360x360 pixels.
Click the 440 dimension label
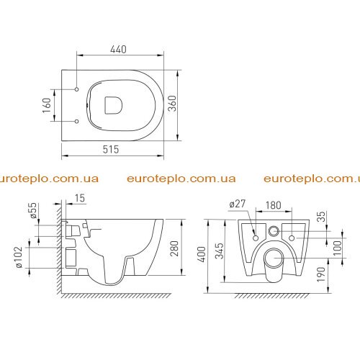click(118, 49)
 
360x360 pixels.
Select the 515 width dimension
click(111, 149)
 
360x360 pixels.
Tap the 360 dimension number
click(172, 104)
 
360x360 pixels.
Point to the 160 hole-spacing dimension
click(47, 105)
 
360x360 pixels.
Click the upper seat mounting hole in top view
click(77, 89)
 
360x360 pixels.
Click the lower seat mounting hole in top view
click(77, 121)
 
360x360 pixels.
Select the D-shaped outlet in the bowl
click(113, 105)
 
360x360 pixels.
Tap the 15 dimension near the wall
click(80, 198)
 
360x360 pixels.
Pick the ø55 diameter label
click(33, 210)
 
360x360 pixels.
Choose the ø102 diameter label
click(19, 257)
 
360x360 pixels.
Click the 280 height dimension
click(174, 248)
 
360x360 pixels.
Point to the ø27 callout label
click(238, 204)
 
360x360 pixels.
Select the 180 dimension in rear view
click(274, 205)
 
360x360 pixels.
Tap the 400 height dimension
click(202, 254)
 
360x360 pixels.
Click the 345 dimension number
click(219, 251)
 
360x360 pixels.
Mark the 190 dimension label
click(321, 274)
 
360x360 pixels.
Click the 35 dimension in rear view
click(323, 217)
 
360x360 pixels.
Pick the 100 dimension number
click(337, 248)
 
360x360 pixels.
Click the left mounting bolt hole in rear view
click(256, 238)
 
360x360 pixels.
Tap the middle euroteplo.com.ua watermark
click(181, 179)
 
